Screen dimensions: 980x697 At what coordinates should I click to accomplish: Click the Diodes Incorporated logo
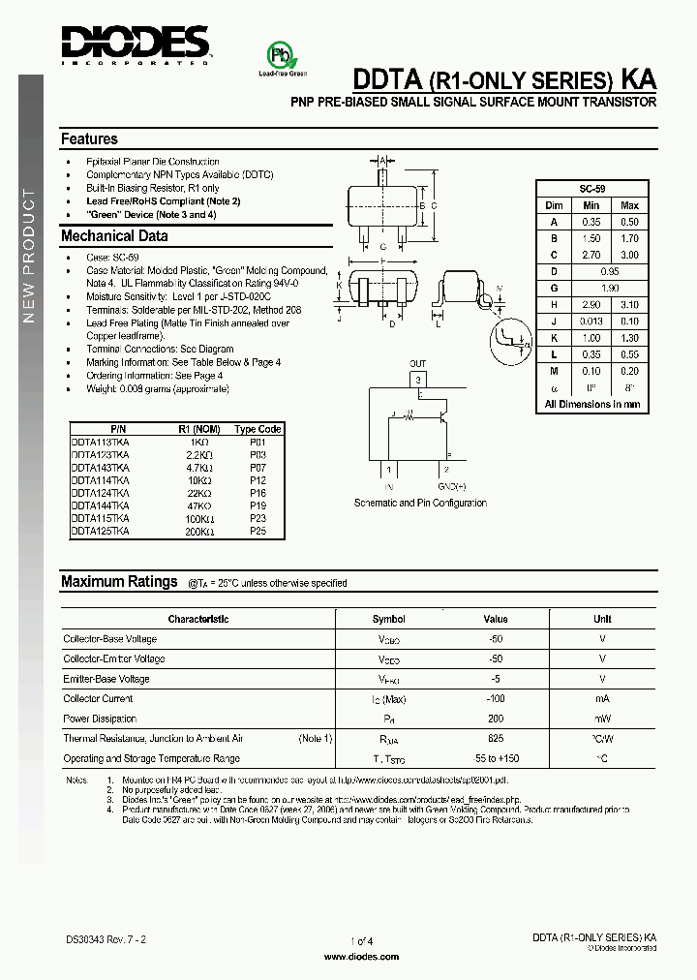click(x=136, y=45)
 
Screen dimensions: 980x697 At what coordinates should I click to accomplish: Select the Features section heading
click(x=89, y=139)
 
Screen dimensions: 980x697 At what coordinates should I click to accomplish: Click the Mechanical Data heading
click(x=114, y=236)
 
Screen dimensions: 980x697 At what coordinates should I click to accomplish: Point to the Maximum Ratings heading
click(x=119, y=582)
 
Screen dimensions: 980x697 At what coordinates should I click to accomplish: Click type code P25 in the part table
click(x=258, y=531)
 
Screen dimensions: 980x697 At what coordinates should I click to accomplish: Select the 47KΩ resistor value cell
click(x=199, y=505)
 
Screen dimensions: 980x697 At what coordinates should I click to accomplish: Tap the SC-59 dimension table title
click(x=592, y=189)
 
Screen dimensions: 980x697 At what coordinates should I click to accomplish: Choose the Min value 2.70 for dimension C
click(x=591, y=255)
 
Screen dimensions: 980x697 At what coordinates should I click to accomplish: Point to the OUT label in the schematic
click(x=417, y=365)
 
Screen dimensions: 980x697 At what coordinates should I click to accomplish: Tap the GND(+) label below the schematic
click(x=451, y=486)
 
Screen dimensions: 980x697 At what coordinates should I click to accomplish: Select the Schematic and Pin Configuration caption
click(x=420, y=504)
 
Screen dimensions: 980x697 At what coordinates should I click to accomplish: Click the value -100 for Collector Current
click(x=496, y=698)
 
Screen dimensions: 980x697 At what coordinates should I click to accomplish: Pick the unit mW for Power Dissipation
click(x=602, y=719)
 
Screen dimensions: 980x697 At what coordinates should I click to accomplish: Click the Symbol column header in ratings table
click(x=388, y=619)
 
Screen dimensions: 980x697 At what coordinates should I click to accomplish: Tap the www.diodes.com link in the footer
click(x=361, y=956)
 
